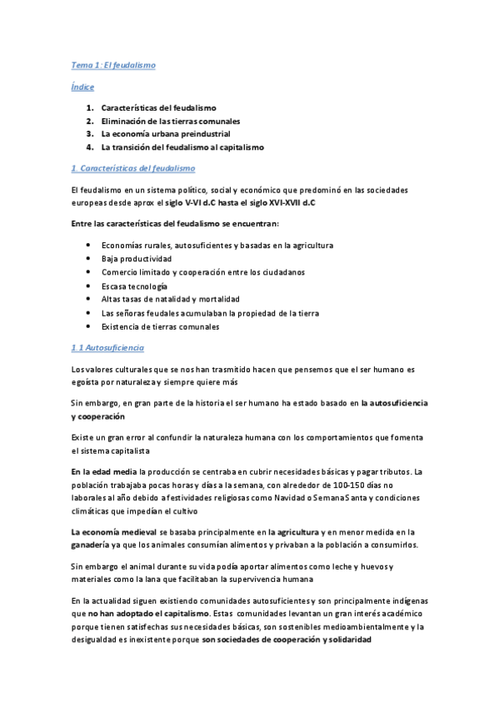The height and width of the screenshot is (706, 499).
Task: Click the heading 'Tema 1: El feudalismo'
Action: tap(112, 65)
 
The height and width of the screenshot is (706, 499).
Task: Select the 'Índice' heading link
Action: tap(82, 87)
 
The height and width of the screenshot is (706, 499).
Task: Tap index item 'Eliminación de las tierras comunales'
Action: tap(169, 121)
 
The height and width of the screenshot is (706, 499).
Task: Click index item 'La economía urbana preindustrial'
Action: tap(165, 133)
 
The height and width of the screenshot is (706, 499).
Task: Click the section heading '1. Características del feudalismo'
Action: tap(133, 168)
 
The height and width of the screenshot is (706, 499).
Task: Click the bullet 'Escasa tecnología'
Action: tap(134, 286)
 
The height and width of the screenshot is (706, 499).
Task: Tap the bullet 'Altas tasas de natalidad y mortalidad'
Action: tap(170, 299)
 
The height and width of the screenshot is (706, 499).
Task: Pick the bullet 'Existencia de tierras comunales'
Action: tap(160, 326)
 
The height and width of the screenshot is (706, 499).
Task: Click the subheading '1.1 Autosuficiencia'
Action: tap(107, 347)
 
